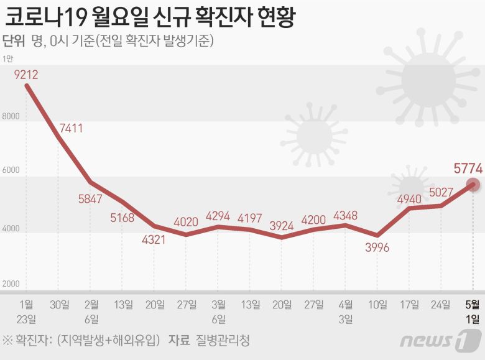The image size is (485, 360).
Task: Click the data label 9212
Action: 27,75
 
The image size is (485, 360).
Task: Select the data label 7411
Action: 71,129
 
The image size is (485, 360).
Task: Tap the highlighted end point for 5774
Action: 473,185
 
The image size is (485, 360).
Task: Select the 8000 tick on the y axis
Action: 11,116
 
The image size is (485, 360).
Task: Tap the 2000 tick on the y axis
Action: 11,284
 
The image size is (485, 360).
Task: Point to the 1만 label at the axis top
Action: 8,59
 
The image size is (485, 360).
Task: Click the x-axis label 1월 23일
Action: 27,312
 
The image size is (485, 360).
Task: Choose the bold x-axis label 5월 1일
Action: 473,312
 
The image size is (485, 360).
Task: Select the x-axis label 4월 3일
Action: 346,312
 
